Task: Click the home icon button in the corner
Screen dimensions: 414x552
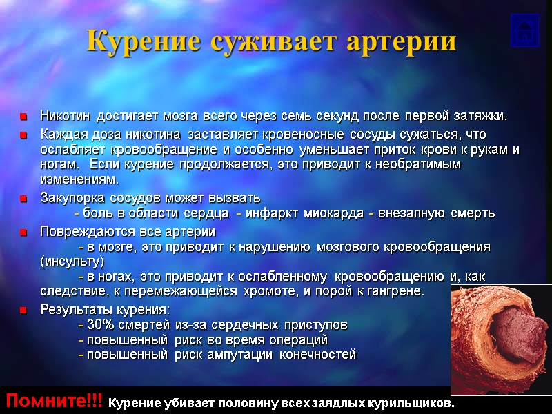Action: pos(524,31)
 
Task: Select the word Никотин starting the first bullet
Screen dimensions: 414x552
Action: pos(67,115)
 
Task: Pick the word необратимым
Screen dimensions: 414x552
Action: pos(421,165)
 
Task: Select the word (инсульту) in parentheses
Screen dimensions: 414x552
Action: pos(72,262)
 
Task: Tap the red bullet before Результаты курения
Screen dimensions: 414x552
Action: pos(23,310)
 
